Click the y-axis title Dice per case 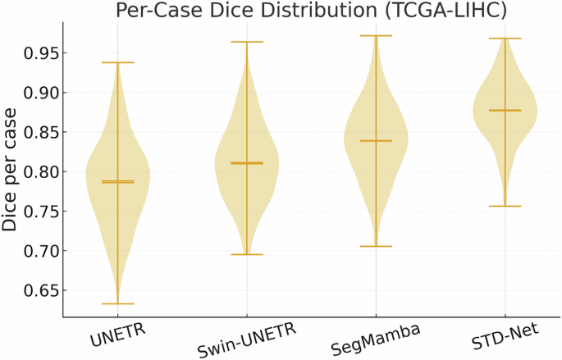coord(11,171)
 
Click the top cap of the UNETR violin coord(117,62)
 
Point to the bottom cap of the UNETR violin coord(117,303)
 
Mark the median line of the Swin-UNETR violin coord(246,163)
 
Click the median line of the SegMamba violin coord(376,141)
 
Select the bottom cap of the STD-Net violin coord(505,206)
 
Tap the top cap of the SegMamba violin coord(376,35)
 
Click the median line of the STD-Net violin coord(505,110)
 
